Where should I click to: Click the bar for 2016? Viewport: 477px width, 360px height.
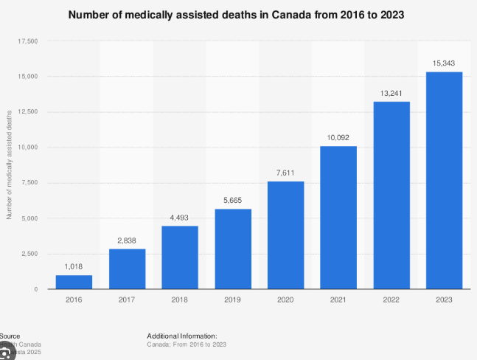point(74,282)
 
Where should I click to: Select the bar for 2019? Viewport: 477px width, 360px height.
point(233,249)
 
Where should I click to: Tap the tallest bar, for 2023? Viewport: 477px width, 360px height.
point(444,180)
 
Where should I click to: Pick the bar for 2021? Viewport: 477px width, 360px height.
point(338,218)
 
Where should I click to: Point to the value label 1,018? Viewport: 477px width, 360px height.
point(74,266)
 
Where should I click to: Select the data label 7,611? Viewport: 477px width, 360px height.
point(285,172)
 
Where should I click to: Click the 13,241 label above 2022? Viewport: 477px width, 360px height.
point(391,92)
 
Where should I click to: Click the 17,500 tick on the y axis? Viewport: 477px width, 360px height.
point(27,41)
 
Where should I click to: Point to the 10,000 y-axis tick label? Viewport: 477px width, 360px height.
point(27,148)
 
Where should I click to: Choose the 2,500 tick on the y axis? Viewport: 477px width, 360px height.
point(29,254)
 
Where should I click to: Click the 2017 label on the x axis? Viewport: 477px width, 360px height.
point(127,301)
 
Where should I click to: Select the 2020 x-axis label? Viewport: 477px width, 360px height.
point(285,301)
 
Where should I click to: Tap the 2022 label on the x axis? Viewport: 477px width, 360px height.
point(391,301)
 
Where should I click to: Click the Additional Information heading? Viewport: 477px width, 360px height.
point(181,336)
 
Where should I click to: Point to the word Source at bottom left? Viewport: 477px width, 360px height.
point(10,336)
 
